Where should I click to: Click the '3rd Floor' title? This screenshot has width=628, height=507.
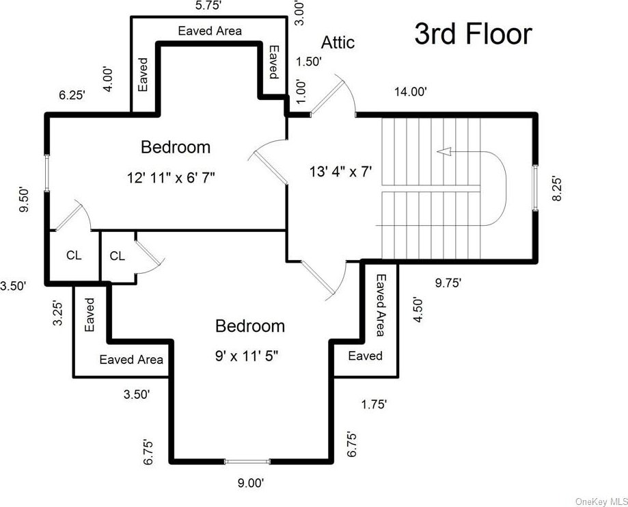[473, 34]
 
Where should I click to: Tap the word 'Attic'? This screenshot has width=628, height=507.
[338, 42]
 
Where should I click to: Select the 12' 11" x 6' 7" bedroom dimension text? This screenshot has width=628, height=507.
[171, 177]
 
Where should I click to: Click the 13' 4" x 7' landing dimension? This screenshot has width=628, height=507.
[341, 172]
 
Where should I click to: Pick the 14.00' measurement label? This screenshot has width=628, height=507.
[411, 92]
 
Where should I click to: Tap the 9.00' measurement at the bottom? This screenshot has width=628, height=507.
[251, 483]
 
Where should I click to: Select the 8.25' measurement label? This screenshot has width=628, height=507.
[557, 188]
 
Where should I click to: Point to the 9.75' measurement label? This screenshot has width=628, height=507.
[448, 283]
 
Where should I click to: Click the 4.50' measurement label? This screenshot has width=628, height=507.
[418, 310]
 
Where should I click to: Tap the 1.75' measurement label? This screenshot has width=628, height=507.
[374, 404]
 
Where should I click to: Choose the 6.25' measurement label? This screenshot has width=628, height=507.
[72, 96]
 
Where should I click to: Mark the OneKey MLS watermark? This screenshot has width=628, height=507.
[601, 502]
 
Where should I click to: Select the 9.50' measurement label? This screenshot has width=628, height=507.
[25, 200]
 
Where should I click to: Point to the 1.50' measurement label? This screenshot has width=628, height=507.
[309, 62]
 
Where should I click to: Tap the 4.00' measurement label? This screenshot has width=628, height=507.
[109, 79]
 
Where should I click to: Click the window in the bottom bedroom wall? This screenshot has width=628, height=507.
[247, 462]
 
